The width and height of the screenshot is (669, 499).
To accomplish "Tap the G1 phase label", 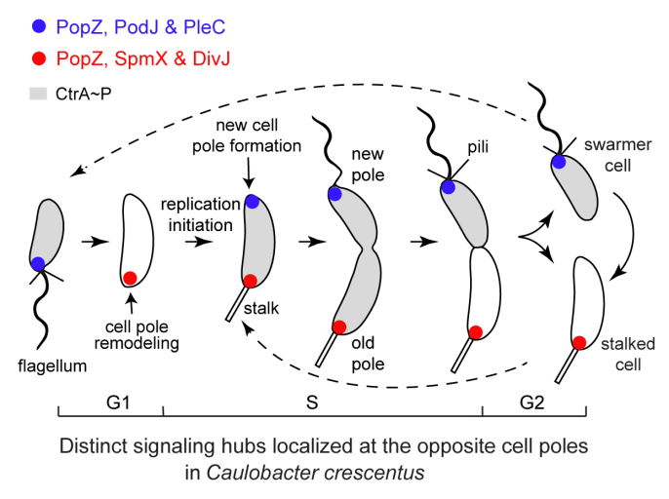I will click(x=110, y=403).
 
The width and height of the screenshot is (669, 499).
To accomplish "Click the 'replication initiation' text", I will click(x=200, y=215).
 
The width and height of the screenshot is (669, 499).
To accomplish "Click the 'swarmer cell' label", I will click(x=611, y=156).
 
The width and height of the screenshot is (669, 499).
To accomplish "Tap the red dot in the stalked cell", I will click(x=579, y=342).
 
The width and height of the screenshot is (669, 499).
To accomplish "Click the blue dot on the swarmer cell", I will click(x=558, y=162).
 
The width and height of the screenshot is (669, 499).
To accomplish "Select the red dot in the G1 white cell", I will click(x=130, y=278).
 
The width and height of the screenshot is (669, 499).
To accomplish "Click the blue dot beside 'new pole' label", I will click(x=334, y=195).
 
